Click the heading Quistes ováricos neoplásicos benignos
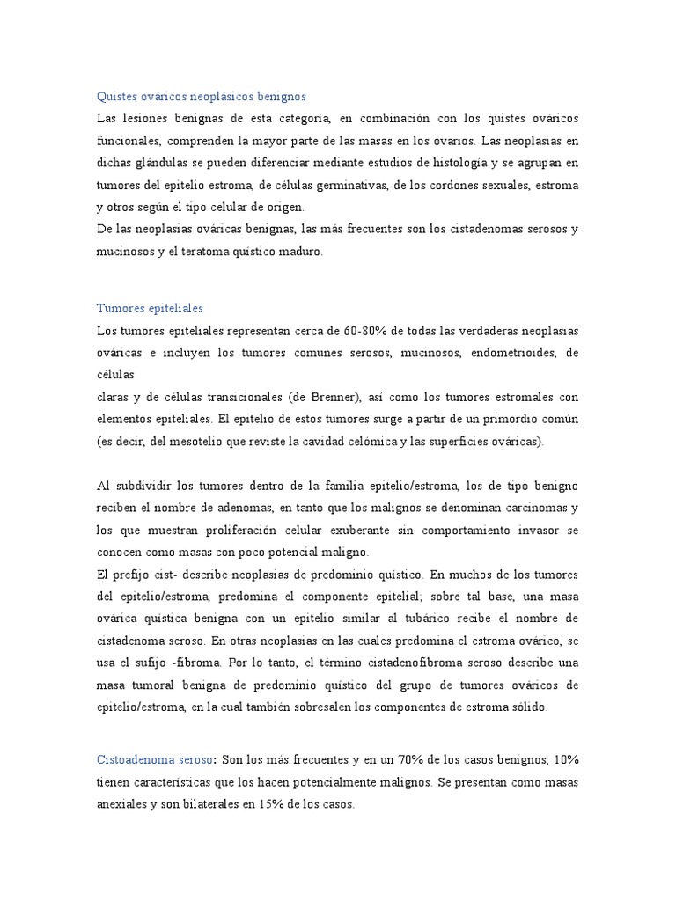201,96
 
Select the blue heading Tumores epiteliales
150,308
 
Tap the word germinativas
342,185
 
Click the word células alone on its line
115,375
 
